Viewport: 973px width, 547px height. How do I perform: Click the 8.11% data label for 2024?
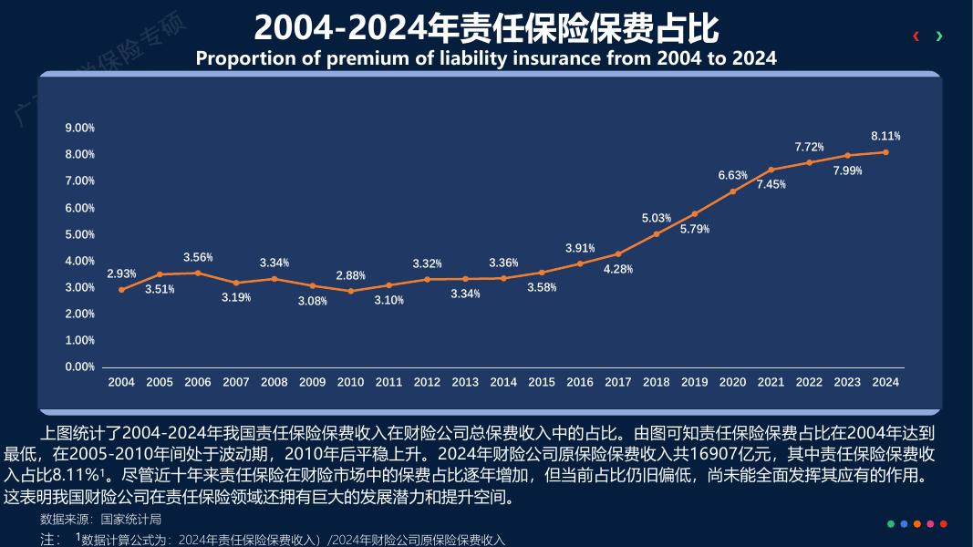click(x=885, y=136)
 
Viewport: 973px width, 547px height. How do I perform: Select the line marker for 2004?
click(x=121, y=290)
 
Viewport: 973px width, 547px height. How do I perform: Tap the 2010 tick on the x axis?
click(x=350, y=382)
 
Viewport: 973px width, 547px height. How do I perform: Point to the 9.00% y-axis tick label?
click(x=80, y=129)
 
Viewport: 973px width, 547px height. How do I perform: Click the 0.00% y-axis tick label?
click(x=80, y=367)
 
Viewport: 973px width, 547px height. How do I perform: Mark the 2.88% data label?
click(x=350, y=275)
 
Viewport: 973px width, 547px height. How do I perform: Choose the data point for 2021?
click(x=771, y=170)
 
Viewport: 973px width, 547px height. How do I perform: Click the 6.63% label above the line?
click(x=732, y=175)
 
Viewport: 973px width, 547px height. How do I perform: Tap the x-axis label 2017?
click(x=617, y=382)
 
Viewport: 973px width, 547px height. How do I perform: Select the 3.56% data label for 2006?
click(x=198, y=257)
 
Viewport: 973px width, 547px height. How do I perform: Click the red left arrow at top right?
click(x=916, y=36)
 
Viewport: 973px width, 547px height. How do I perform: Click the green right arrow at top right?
click(x=939, y=36)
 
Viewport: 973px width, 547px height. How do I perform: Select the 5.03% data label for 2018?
click(x=656, y=219)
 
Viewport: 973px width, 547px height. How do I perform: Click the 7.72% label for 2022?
click(x=809, y=147)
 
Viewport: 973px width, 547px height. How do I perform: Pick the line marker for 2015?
click(x=542, y=273)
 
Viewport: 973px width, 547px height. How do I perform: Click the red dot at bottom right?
click(x=944, y=524)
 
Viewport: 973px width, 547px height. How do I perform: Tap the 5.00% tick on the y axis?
click(x=80, y=234)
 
